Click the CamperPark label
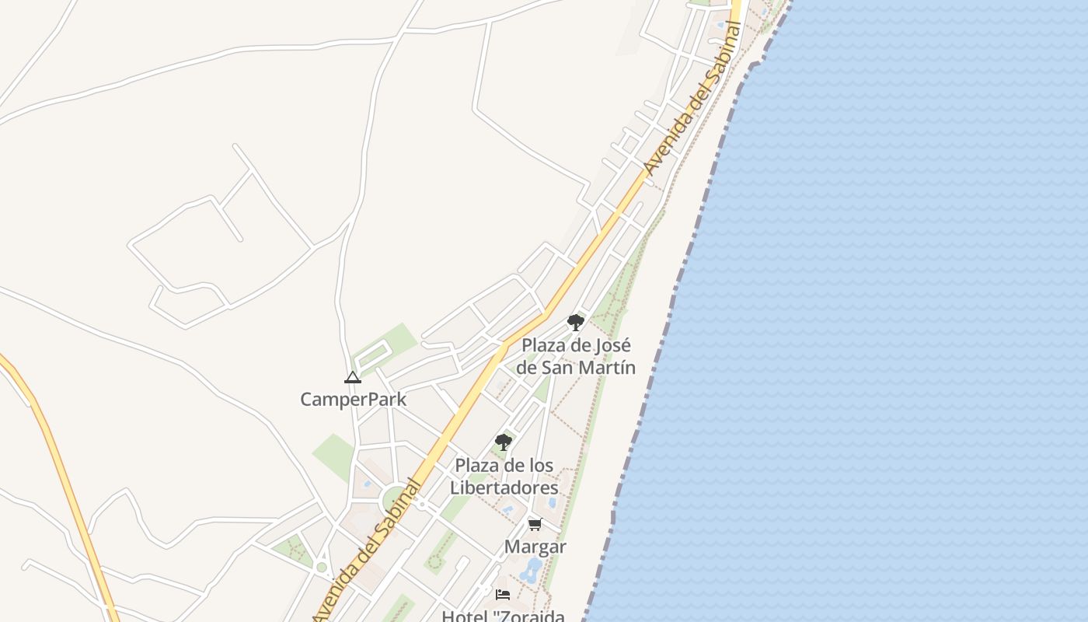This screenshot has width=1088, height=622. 353,400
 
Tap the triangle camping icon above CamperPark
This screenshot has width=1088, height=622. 353,378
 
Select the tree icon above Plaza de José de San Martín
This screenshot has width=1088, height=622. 575,322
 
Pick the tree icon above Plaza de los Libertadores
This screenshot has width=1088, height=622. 504,442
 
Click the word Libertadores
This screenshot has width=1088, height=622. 504,487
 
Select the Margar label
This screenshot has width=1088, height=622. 535,547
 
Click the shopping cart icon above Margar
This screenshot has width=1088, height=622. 535,525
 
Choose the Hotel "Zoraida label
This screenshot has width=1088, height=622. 504,616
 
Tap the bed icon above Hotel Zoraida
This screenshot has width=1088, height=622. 503,595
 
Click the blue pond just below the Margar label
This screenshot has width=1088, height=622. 532,571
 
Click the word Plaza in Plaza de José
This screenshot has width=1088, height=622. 544,345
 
